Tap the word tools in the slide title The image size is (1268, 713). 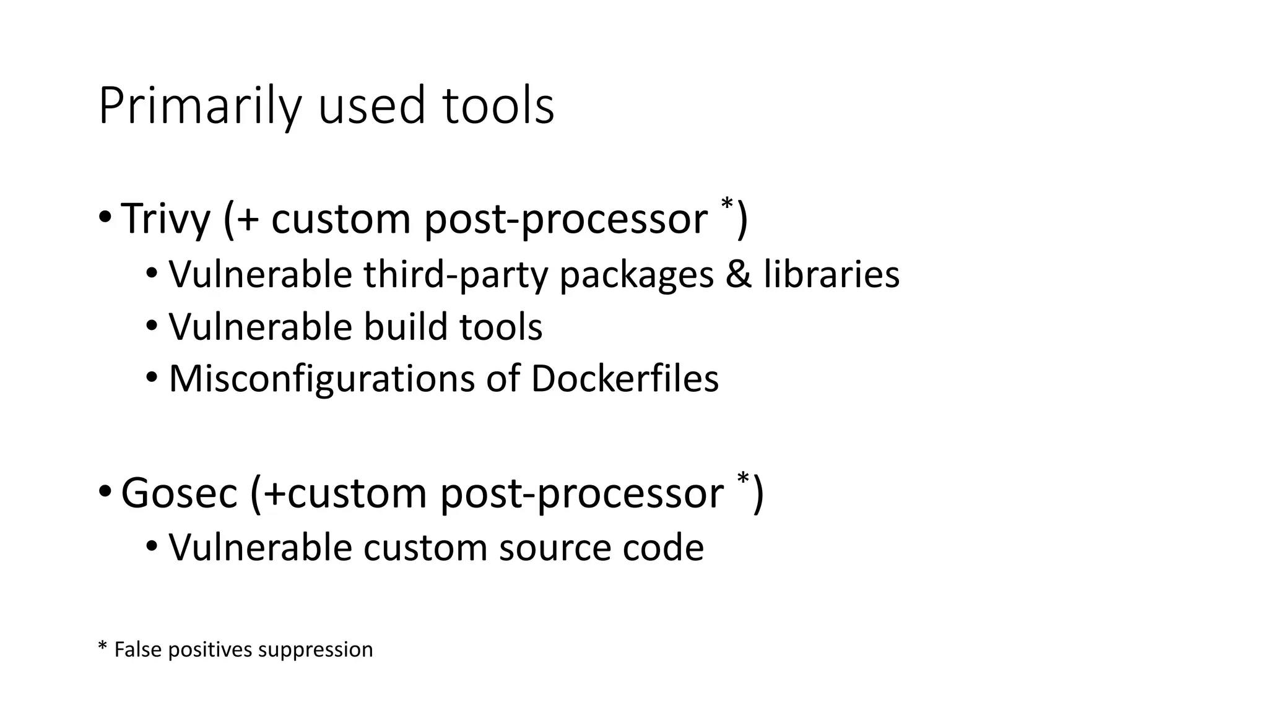point(498,106)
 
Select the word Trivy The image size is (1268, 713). point(165,218)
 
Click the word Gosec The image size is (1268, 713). point(179,493)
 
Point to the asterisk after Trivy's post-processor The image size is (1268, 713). point(726,204)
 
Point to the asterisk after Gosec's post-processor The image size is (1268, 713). point(743,478)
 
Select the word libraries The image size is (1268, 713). point(831,274)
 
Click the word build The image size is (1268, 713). point(406,327)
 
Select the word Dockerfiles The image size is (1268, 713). point(625,379)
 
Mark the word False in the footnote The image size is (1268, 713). point(138,650)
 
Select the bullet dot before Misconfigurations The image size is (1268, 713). point(152,378)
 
